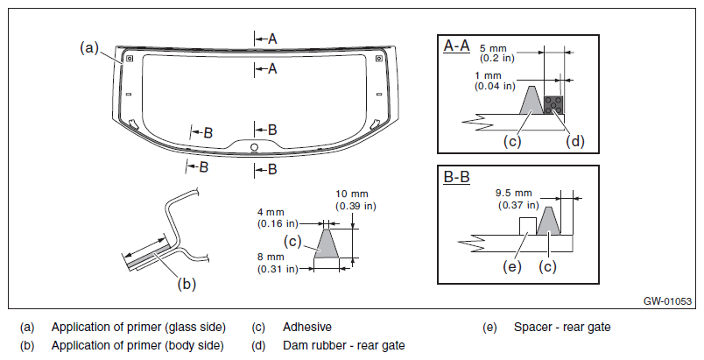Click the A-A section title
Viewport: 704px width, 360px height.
456,46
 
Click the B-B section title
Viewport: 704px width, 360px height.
456,177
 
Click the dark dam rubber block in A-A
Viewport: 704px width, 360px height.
553,105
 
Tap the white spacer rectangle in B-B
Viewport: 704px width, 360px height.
527,226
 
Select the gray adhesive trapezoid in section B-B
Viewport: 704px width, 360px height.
549,221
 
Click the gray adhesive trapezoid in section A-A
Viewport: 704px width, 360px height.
532,100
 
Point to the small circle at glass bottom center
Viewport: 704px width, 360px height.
254,147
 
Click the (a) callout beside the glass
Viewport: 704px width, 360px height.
89,47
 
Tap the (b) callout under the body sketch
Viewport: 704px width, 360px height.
187,284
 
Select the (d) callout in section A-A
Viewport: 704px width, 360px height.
575,140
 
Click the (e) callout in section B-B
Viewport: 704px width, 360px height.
512,266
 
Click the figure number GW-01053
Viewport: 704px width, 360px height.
667,301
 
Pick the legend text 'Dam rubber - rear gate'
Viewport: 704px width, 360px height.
344,346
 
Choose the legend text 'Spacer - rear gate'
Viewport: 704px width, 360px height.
562,328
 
